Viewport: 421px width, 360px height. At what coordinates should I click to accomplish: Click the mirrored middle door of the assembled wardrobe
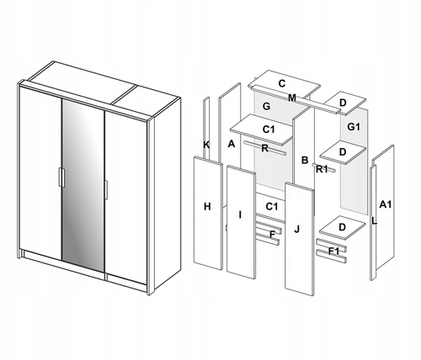[x=83, y=185]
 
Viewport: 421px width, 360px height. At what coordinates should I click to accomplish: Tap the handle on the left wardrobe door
[x=61, y=177]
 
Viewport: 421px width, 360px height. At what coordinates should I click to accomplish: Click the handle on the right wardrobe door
[x=106, y=190]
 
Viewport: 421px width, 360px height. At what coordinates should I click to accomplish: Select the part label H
[x=207, y=207]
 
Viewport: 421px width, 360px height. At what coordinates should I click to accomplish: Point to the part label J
[x=297, y=230]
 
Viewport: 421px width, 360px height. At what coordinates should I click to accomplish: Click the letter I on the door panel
[x=240, y=214]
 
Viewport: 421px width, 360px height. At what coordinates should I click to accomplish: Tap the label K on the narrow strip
[x=206, y=145]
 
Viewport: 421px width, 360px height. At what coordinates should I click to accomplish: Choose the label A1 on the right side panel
[x=385, y=204]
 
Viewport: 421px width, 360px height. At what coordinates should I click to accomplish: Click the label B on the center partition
[x=305, y=160]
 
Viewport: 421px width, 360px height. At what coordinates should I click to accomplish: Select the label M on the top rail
[x=292, y=98]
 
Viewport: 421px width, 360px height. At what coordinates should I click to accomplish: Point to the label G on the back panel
[x=266, y=106]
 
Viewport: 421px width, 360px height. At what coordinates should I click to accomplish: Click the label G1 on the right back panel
[x=354, y=127]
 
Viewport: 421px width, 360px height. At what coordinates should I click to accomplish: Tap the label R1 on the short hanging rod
[x=322, y=169]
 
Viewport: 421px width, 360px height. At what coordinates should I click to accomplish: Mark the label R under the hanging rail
[x=264, y=148]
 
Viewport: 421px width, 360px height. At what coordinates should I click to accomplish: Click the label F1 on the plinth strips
[x=334, y=251]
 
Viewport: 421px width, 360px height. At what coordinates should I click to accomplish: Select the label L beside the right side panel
[x=374, y=221]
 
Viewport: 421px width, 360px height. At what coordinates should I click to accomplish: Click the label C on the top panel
[x=282, y=83]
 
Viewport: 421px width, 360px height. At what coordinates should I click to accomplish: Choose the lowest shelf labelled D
[x=343, y=228]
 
